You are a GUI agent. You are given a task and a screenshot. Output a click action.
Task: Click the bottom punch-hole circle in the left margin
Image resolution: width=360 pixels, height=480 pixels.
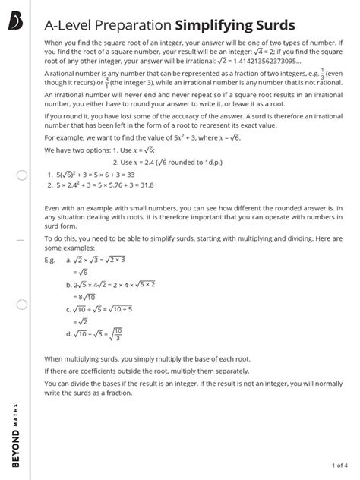[21, 305]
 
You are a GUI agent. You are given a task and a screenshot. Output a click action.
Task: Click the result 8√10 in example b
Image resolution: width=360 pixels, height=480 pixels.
[84, 297]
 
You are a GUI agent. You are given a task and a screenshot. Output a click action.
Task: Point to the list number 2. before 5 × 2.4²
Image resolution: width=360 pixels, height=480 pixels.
[49, 184]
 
